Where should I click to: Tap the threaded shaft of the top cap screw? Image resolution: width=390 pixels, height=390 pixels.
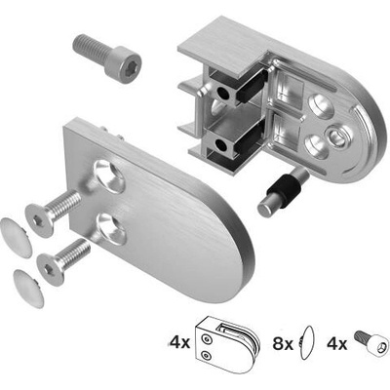[91, 48]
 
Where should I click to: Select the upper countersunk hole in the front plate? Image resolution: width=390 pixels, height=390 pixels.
[109, 176]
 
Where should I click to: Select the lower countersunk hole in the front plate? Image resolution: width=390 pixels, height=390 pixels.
[111, 229]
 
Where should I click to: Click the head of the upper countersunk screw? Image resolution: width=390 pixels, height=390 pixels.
[39, 220]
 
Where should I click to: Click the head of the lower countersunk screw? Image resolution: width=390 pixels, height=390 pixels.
[51, 269]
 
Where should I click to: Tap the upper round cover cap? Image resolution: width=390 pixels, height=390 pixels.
[16, 238]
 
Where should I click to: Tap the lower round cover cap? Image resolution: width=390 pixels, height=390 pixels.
[28, 289]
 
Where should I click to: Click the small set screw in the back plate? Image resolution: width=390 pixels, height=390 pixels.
[337, 136]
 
